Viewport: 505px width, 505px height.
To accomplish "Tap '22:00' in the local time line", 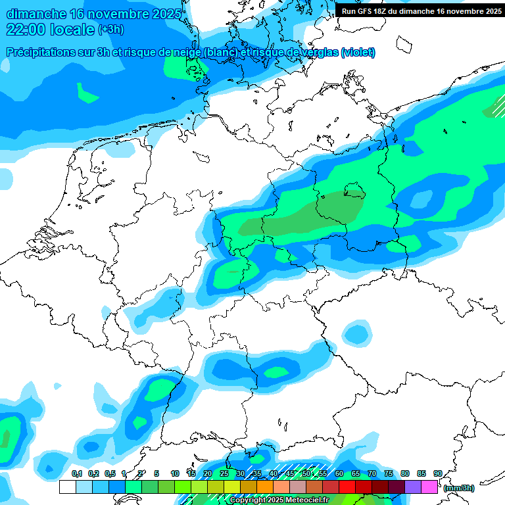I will click(x=26, y=30).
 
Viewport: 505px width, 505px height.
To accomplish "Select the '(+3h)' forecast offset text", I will click(x=110, y=30).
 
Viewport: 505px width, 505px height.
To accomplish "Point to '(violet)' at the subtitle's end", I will click(x=358, y=52).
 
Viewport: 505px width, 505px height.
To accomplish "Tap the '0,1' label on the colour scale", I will click(x=77, y=474).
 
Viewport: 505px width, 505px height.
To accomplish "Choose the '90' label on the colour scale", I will click(x=437, y=474).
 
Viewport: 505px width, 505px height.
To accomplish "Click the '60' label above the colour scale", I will click(x=339, y=474).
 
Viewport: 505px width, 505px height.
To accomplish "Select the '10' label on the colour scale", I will click(x=175, y=474).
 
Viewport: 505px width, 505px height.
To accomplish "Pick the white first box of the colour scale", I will click(x=67, y=487).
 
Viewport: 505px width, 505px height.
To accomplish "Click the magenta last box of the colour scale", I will click(x=429, y=487).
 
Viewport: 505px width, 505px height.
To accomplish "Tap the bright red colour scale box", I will click(x=347, y=487).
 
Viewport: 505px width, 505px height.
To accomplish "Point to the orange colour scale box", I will click(x=265, y=487).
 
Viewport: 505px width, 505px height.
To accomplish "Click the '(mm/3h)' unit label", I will click(x=458, y=488).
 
